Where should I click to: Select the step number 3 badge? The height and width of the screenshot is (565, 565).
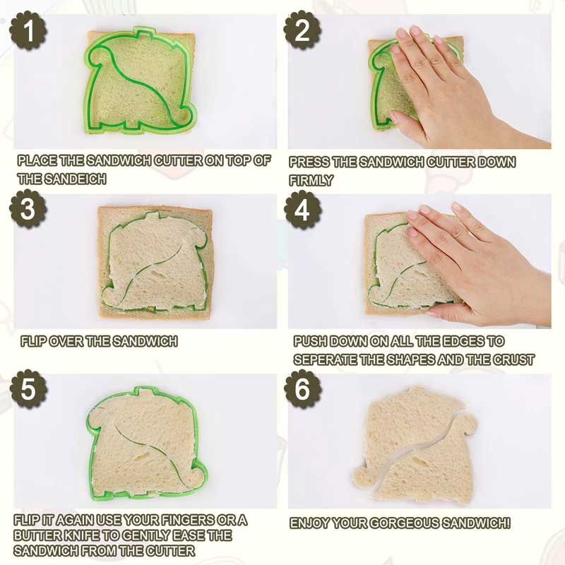click(28, 210)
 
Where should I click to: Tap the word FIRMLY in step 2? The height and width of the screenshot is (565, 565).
click(311, 181)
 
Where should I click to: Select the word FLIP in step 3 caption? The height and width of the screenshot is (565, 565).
click(33, 342)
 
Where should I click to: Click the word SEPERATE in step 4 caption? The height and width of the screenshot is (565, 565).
click(322, 359)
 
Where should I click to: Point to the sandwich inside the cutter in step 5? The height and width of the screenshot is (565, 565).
click(145, 441)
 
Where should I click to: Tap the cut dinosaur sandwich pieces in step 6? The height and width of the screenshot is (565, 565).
click(417, 445)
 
